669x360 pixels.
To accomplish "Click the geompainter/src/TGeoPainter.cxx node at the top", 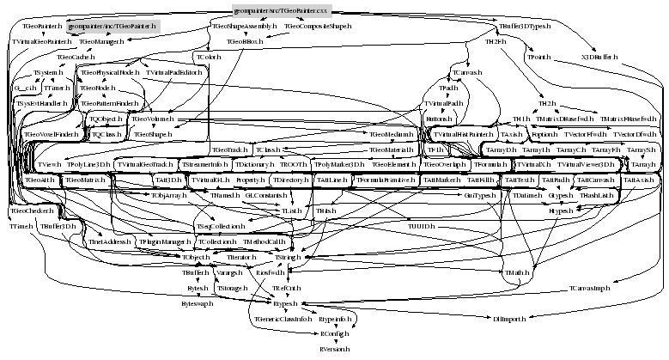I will [x=280, y=9].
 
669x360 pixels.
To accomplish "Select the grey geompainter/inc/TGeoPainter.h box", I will [x=112, y=27].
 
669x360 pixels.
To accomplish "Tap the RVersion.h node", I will [x=333, y=351].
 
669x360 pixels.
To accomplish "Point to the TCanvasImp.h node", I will [x=588, y=289].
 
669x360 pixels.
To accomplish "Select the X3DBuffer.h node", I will [x=599, y=57].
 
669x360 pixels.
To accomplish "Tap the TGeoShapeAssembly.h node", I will [x=244, y=27].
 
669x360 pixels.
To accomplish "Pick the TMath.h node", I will [x=518, y=272].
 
